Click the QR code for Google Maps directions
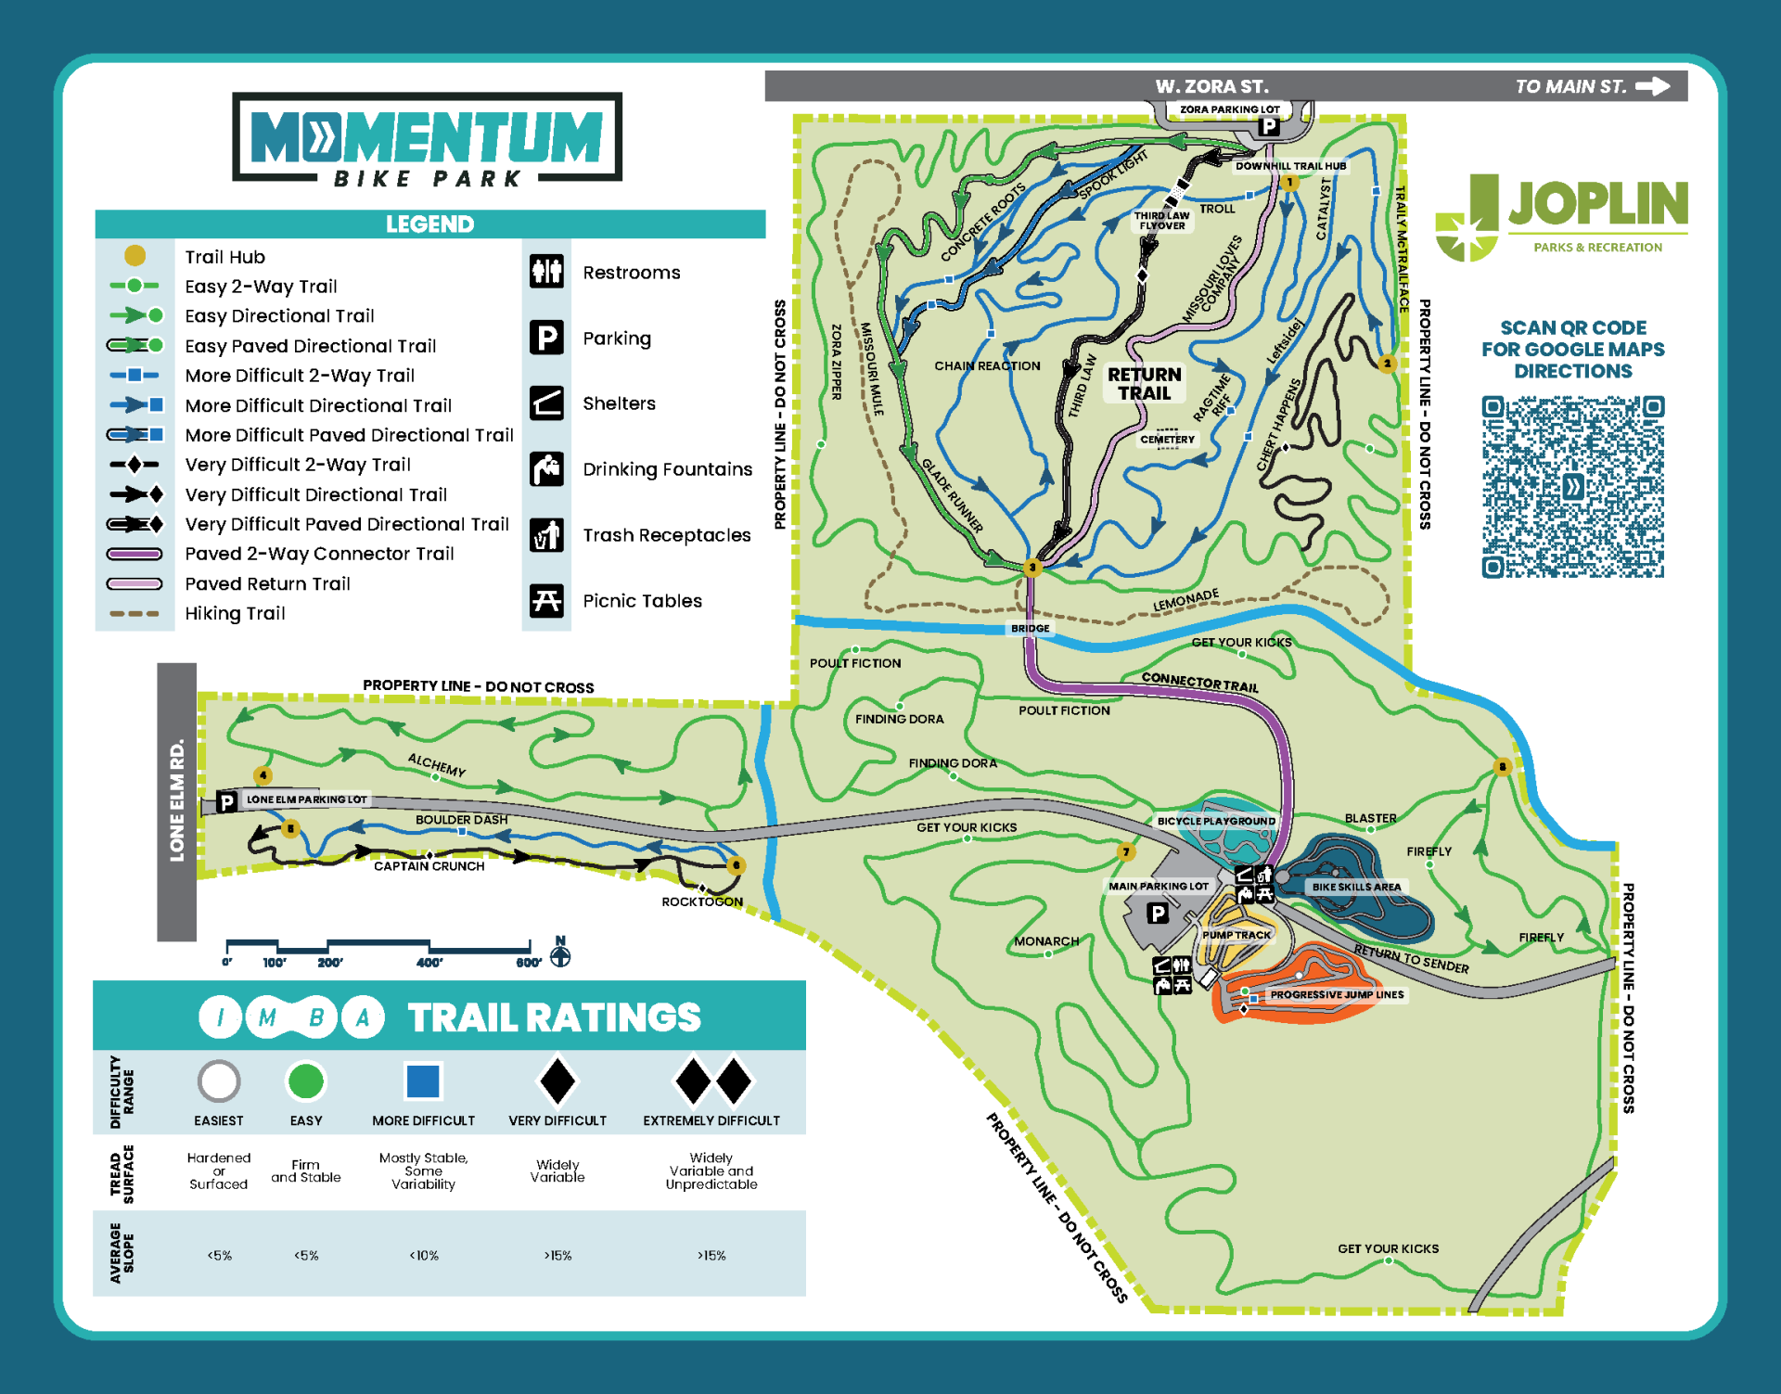[x=1572, y=487]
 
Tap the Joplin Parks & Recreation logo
[x=1561, y=218]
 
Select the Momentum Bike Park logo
[x=427, y=137]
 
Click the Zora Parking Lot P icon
[x=1268, y=126]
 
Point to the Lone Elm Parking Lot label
[x=306, y=799]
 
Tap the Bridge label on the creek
[x=1030, y=629]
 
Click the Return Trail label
[x=1144, y=383]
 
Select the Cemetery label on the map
[x=1167, y=440]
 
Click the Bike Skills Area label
[x=1355, y=887]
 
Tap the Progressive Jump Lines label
[x=1336, y=994]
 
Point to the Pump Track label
[x=1236, y=935]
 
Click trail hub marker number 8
[x=1502, y=766]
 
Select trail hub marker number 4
[x=263, y=774]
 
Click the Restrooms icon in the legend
[x=546, y=272]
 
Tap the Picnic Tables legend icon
[x=546, y=601]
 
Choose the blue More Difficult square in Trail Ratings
[x=423, y=1081]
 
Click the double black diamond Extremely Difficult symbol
[x=712, y=1081]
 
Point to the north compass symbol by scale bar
[x=560, y=954]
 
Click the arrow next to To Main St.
[x=1652, y=86]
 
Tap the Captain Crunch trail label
[x=429, y=866]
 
